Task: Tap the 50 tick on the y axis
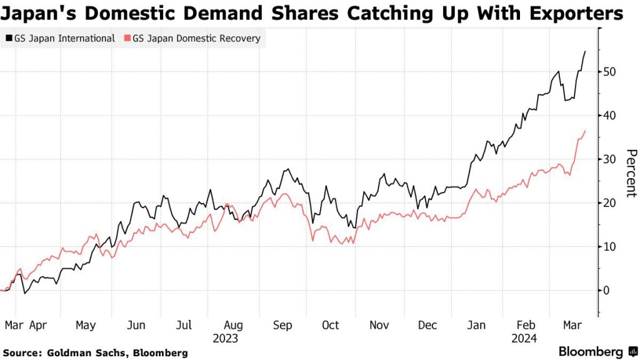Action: pos(609,72)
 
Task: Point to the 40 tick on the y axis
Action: pos(609,116)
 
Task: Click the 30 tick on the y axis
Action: pos(609,159)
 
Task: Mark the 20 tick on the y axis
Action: pos(609,203)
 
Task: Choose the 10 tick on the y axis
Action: pos(609,247)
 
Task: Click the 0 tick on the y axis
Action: pos(607,291)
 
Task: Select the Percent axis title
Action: pos(631,173)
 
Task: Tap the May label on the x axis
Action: pos(86,326)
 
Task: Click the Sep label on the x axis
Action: pos(282,326)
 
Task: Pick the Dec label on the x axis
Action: pos(427,326)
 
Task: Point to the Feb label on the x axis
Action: pos(526,326)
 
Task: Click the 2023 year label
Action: pos(226,338)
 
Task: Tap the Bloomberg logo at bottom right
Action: pos(597,352)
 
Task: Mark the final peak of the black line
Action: pos(585,51)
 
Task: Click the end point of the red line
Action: pos(585,131)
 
